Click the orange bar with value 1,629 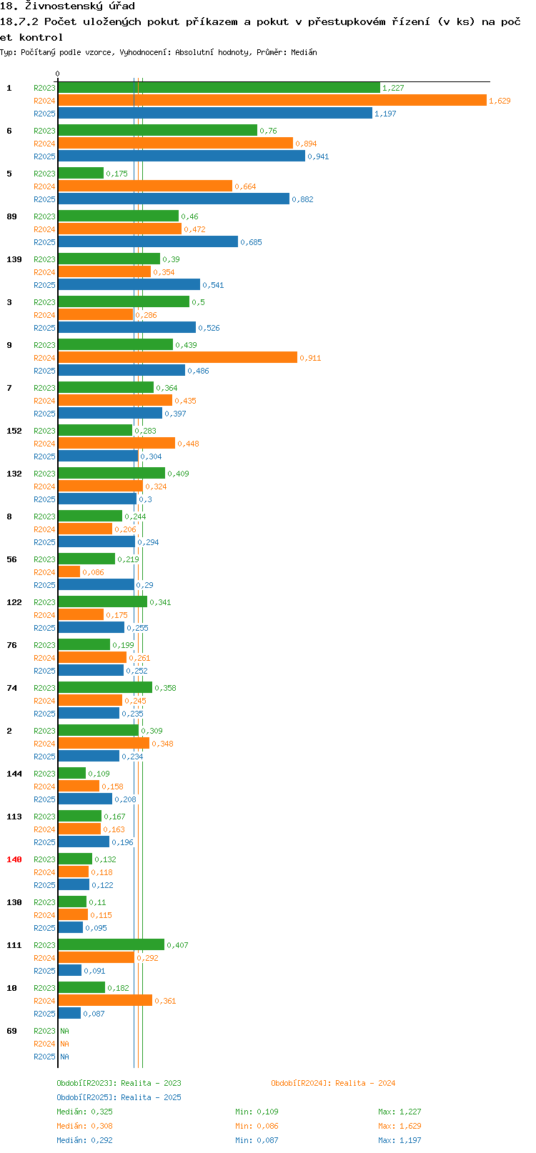coord(272,101)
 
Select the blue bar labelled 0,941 coord(182,156)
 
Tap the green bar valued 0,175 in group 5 coord(81,174)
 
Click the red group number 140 coord(14,859)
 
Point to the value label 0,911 coord(310,358)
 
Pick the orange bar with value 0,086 coord(69,572)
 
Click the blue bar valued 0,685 coord(148,241)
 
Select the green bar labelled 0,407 coord(111,944)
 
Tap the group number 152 coord(14,431)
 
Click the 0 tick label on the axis coord(57,74)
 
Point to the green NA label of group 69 coord(64,1031)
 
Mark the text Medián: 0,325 coord(84,1112)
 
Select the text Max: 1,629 coord(399,1127)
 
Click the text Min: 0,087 coord(257,1141)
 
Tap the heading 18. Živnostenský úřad coord(67,6)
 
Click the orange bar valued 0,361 coord(105,1000)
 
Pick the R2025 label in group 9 coord(44,371)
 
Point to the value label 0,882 coord(303,199)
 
